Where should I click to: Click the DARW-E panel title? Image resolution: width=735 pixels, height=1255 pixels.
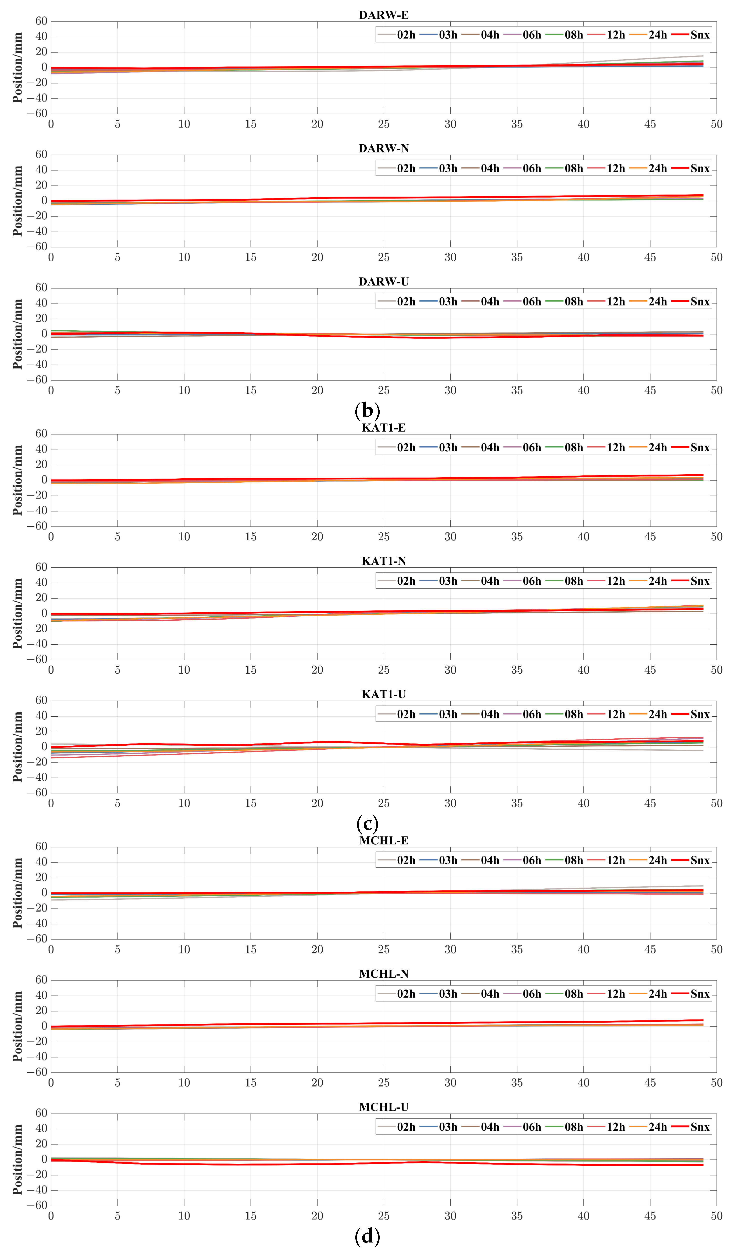pyautogui.click(x=383, y=15)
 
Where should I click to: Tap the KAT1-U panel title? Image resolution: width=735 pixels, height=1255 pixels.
pyautogui.click(x=383, y=694)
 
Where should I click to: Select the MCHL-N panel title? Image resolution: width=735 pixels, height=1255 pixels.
pyautogui.click(x=383, y=974)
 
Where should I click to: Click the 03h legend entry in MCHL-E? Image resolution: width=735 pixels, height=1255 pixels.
pyautogui.click(x=439, y=860)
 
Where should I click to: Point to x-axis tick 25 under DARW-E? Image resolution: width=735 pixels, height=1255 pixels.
pyautogui.click(x=383, y=124)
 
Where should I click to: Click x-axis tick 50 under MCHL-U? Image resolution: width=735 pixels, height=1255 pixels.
pyautogui.click(x=716, y=1216)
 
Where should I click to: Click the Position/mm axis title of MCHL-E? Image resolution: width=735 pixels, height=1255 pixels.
pyautogui.click(x=18, y=893)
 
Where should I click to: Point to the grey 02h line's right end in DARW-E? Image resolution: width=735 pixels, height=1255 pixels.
pyautogui.click(x=703, y=56)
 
